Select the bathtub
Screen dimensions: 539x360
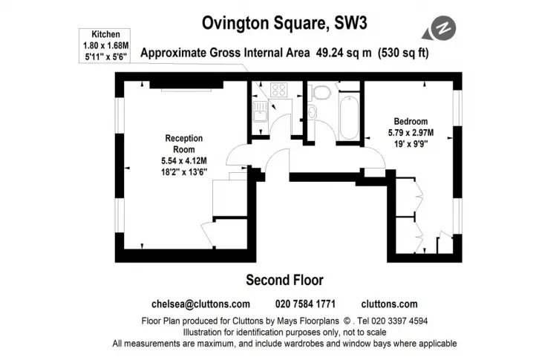point(349,117)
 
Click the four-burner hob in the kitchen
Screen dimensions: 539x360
point(279,90)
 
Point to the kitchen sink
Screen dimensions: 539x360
point(260,111)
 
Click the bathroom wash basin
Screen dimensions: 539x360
point(312,112)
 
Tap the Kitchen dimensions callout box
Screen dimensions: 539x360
point(105,46)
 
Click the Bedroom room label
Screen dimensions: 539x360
point(411,122)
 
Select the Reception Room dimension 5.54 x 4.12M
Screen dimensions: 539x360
point(184,160)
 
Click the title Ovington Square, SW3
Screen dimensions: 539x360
point(284,23)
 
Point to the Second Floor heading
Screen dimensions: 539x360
point(284,280)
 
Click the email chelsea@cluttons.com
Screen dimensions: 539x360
point(200,304)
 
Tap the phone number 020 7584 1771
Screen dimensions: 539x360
point(305,304)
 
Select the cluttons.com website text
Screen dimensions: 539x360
point(390,304)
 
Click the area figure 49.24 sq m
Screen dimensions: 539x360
point(344,53)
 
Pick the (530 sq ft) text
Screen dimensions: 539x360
point(403,53)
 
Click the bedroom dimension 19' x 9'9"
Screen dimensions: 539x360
point(411,144)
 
